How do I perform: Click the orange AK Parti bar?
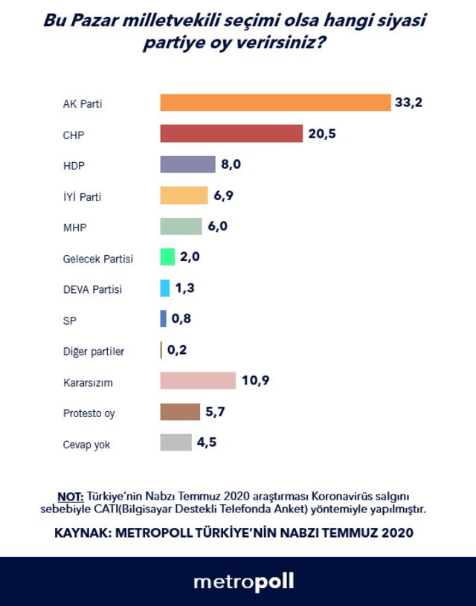point(275,103)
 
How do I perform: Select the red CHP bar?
point(231,134)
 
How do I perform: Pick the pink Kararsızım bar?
point(198,381)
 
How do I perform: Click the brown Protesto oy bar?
point(180,412)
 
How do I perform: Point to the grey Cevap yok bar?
point(176,442)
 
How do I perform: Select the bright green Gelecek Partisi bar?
point(167,257)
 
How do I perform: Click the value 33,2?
point(408,103)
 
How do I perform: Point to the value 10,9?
point(254,381)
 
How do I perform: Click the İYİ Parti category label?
point(82,197)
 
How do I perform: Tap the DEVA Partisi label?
point(92,289)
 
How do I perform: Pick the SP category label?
point(69,320)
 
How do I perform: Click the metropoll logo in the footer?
point(243,581)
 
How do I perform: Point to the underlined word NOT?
point(70,495)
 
